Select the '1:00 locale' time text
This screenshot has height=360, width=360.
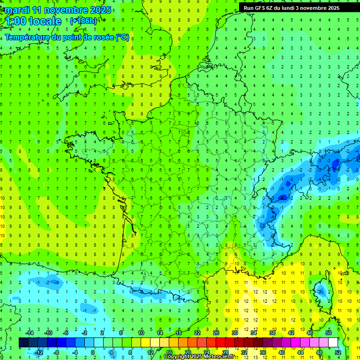33,21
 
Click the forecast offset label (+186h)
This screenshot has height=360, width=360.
83,21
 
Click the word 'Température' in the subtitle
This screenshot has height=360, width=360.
27,37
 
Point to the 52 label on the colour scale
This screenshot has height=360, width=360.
338,352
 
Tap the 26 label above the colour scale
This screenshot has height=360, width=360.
216,333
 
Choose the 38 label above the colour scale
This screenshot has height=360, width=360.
272,333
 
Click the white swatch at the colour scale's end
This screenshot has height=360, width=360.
333,342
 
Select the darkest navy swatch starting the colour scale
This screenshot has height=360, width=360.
23,342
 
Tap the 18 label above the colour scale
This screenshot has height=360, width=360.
179,333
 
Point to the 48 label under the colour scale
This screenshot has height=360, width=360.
319,352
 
